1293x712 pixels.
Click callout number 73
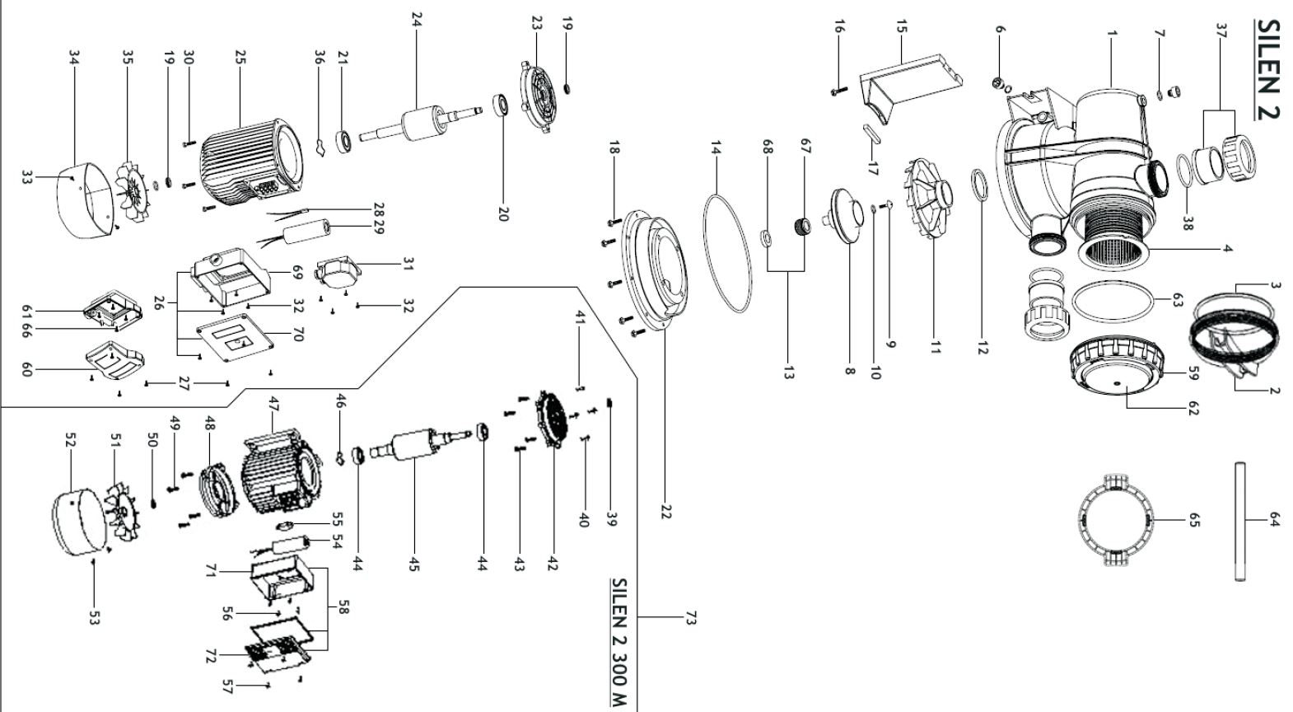click(x=690, y=618)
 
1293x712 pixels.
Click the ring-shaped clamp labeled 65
click(x=1114, y=520)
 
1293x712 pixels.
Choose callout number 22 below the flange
click(x=665, y=511)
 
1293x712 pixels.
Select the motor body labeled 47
click(x=276, y=478)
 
